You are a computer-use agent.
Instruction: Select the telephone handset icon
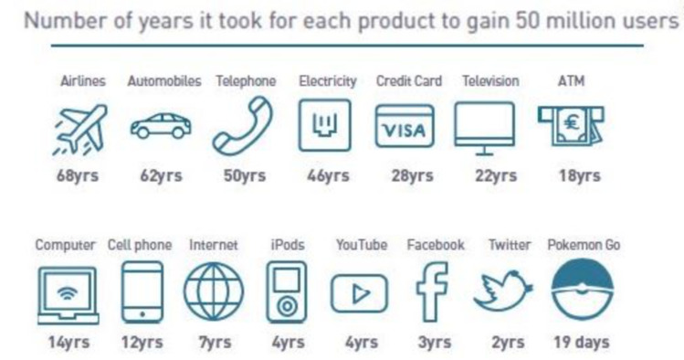coord(244,127)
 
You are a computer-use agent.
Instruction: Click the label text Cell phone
coord(139,245)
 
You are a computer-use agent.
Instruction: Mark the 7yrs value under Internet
coord(214,343)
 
